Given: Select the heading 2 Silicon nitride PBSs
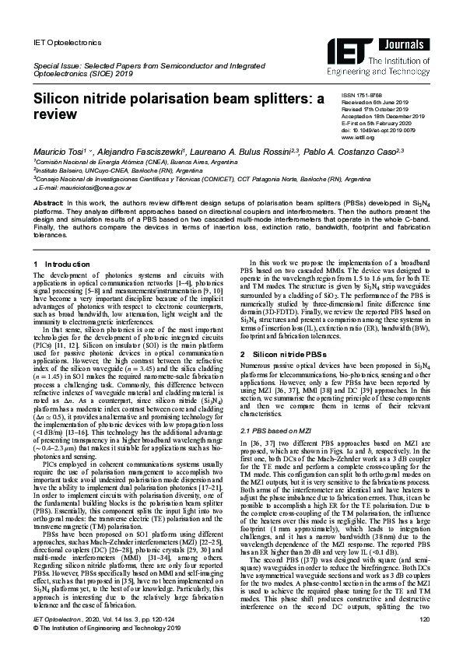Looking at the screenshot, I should pyautogui.click(x=286, y=353).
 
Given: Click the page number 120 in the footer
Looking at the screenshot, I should pyautogui.click(x=424, y=639).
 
